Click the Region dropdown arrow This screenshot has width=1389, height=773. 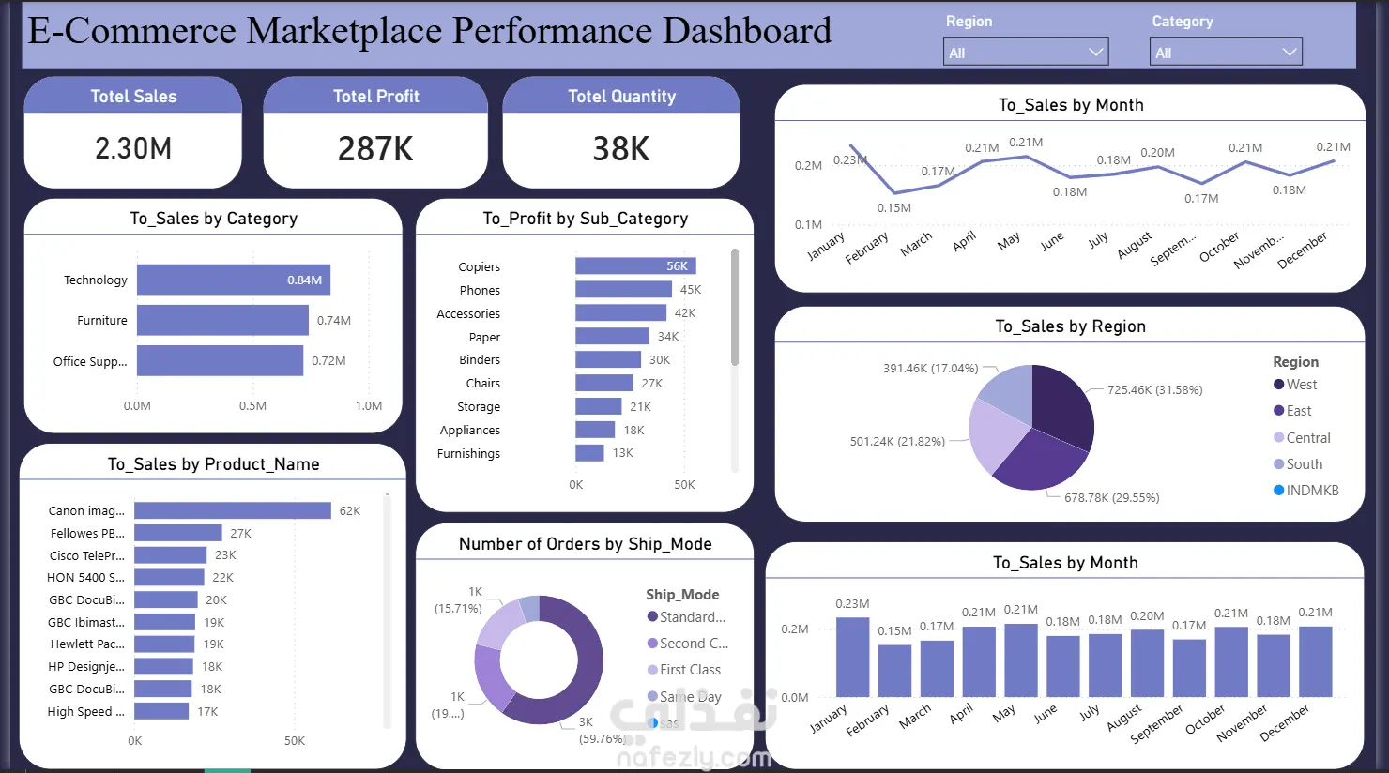click(1095, 53)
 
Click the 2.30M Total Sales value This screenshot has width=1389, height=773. click(133, 148)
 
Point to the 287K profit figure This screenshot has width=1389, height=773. click(375, 149)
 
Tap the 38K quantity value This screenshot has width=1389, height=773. click(620, 149)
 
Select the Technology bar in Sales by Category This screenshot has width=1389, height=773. click(233, 280)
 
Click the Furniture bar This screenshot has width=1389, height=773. click(222, 320)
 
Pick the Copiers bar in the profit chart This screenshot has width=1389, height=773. click(635, 266)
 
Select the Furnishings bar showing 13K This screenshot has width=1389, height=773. click(589, 453)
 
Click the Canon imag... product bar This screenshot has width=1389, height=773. click(232, 510)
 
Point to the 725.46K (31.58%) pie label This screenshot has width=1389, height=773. click(1154, 390)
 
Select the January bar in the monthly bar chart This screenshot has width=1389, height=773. click(852, 657)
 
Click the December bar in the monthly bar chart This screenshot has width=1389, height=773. click(1315, 661)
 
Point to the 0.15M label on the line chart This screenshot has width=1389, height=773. click(893, 208)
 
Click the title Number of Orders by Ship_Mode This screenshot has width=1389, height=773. click(585, 544)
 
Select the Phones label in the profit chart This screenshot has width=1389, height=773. click(480, 291)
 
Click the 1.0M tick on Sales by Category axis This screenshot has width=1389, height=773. click(369, 406)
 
